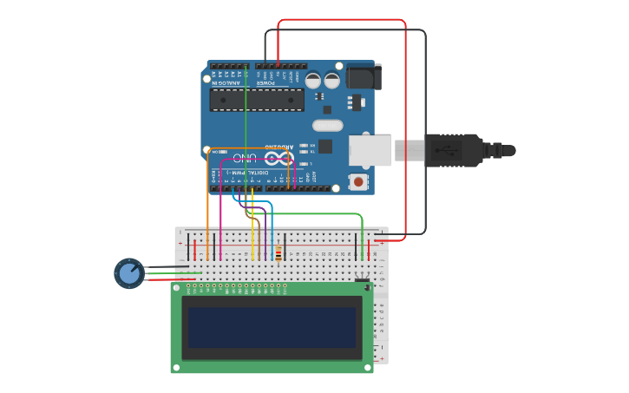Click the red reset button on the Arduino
pos(357,182)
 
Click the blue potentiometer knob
pos(129,273)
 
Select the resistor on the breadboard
pos(278,253)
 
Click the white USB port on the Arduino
pos(370,150)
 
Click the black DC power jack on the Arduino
pos(363,77)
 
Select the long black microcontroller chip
pos(257,100)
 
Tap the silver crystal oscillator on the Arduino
pos(327,125)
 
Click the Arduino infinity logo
pos(278,158)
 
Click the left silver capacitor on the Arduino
pos(313,81)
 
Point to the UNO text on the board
pos(246,158)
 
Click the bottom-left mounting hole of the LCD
pos(176,367)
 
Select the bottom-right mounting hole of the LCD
pos(368,367)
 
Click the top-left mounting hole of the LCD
pos(176,287)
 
